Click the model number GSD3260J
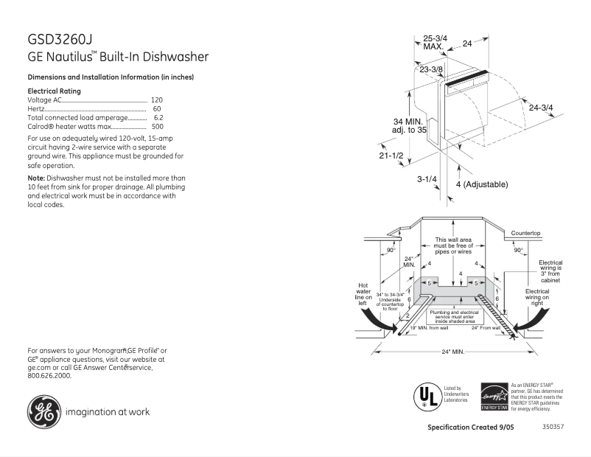(60, 39)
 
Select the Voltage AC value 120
(157, 100)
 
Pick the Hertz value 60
(157, 108)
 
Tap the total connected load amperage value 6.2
(158, 118)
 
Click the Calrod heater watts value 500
(157, 127)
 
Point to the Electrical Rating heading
(54, 91)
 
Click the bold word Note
(35, 178)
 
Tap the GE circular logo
(44, 412)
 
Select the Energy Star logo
(493, 397)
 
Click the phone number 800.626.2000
(49, 375)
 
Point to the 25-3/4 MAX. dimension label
(435, 42)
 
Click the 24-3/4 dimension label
(541, 108)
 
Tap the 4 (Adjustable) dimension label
(482, 184)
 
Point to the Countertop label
(525, 234)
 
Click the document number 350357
(553, 427)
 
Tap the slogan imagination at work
(108, 412)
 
